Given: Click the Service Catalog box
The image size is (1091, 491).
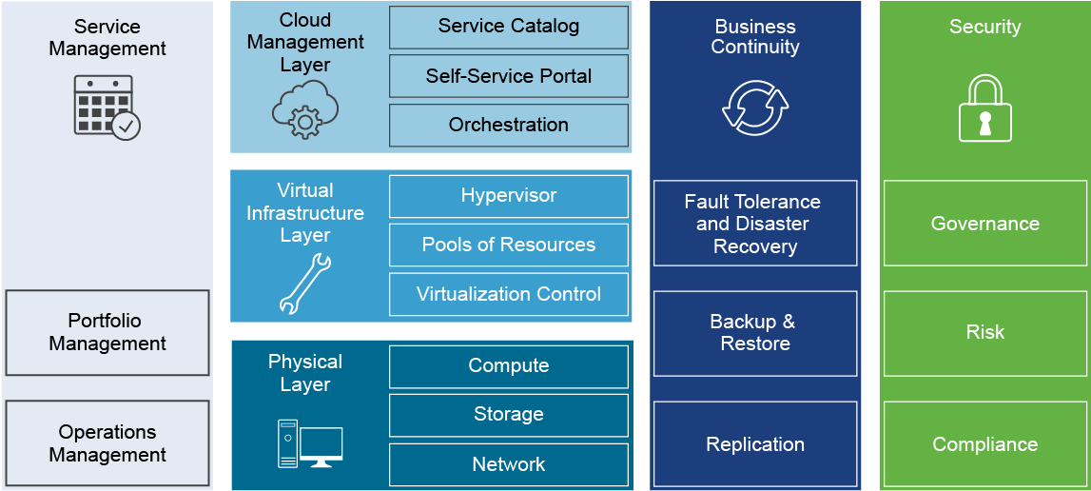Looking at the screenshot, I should click(509, 28).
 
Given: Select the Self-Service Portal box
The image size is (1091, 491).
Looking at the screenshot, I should click(509, 76).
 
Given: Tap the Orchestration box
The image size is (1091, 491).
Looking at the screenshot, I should click(509, 125).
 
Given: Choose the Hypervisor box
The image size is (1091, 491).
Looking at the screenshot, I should click(509, 196).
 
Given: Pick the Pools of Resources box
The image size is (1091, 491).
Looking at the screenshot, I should click(509, 245).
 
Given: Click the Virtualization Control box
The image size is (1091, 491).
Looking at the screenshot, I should click(509, 294).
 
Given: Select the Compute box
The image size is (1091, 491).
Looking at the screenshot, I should click(509, 366).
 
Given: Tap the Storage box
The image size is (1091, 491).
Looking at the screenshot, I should click(509, 415).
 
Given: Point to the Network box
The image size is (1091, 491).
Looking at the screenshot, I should click(509, 464).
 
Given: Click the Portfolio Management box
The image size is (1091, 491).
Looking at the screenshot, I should click(107, 332).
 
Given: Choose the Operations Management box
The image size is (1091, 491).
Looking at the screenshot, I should click(107, 443).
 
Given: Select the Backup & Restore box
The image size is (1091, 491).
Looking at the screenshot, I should click(755, 333).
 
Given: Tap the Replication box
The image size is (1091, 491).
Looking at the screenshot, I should click(755, 444).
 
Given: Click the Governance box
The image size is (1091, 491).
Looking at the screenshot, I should click(984, 224).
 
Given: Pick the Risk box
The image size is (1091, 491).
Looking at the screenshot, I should click(984, 333).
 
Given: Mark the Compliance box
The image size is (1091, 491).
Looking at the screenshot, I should click(984, 444).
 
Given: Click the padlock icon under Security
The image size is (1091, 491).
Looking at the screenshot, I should click(984, 108).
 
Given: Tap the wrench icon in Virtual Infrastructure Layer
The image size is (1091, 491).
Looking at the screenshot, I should click(304, 284).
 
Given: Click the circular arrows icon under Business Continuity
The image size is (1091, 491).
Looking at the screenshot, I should click(755, 108).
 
